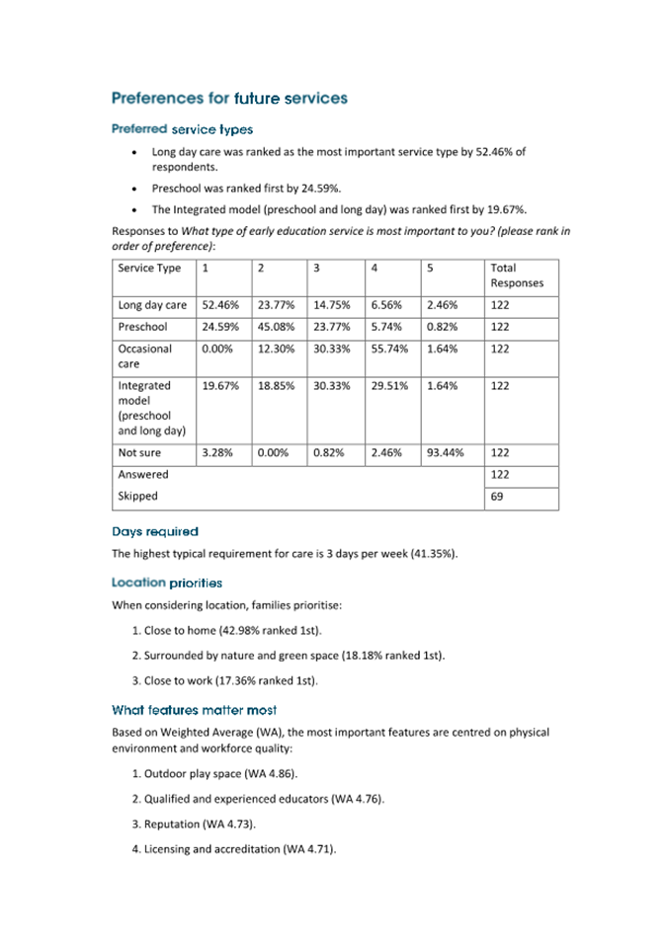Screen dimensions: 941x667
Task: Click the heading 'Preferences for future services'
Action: click(229, 98)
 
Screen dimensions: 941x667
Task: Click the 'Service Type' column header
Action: click(149, 268)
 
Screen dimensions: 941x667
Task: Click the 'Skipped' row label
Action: click(137, 497)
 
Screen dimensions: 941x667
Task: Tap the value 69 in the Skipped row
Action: click(497, 497)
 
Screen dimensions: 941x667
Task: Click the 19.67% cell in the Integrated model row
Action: click(220, 386)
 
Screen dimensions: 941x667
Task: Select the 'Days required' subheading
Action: click(154, 531)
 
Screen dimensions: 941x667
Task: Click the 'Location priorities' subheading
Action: click(167, 583)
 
